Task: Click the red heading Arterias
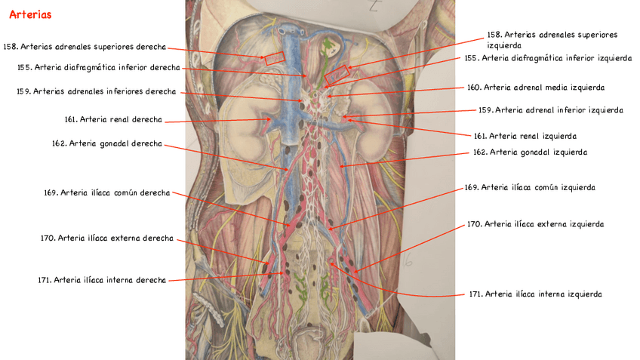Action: (x=30, y=15)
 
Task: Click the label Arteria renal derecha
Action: (x=113, y=119)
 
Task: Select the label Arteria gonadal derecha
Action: (x=106, y=143)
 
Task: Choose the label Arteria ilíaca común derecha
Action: (x=106, y=192)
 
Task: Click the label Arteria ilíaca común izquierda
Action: (x=530, y=187)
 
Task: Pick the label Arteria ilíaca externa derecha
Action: (x=106, y=238)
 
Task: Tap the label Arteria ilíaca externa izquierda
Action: (x=535, y=224)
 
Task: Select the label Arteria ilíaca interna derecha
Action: (x=102, y=280)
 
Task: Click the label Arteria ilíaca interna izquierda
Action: (x=535, y=294)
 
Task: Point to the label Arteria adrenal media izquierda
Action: (x=535, y=88)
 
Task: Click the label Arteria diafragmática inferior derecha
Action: (x=98, y=67)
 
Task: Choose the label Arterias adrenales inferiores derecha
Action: (x=96, y=91)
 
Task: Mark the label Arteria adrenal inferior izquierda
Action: (x=550, y=110)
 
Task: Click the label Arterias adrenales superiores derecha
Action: (x=85, y=47)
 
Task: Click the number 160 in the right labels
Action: (x=473, y=88)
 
